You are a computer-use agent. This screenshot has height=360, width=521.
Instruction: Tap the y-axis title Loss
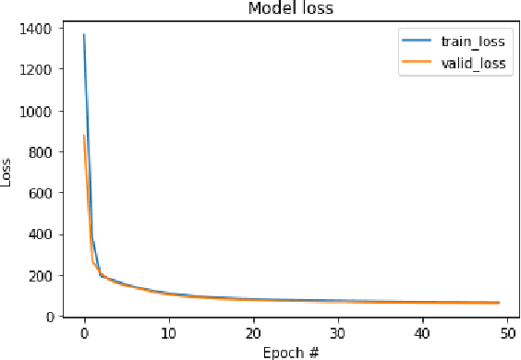pyautogui.click(x=8, y=174)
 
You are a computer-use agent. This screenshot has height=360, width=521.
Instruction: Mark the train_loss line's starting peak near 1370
pyautogui.click(x=84, y=35)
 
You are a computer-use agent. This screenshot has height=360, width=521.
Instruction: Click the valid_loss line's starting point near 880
pyautogui.click(x=84, y=136)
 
